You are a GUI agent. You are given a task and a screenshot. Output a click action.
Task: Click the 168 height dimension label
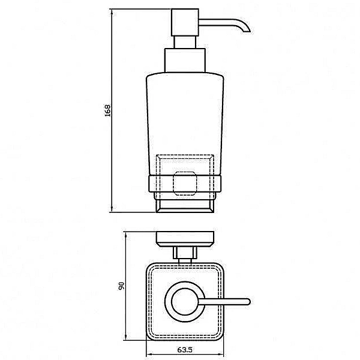[107, 110]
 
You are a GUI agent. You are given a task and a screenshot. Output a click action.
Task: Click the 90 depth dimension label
[121, 286]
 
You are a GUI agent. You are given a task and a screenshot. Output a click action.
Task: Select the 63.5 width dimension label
[185, 350]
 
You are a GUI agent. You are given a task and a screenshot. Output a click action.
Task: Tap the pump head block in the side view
[185, 22]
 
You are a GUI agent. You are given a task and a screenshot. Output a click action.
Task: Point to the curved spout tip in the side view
[247, 29]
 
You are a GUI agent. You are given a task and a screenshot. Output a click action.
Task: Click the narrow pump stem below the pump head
[185, 42]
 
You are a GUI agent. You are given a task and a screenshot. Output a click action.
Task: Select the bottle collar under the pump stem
[185, 61]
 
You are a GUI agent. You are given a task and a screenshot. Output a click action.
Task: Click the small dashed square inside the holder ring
[185, 183]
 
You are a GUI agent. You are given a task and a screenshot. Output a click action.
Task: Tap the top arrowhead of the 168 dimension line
[112, 12]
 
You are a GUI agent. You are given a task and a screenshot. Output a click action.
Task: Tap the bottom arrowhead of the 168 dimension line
[112, 209]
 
